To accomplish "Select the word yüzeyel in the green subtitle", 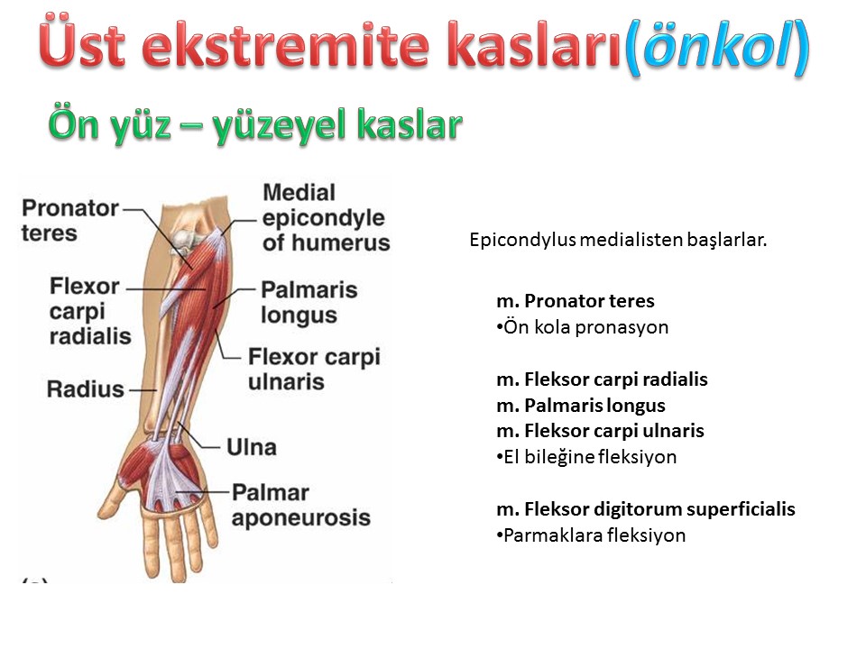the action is pyautogui.click(x=281, y=126).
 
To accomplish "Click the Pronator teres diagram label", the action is pyautogui.click(x=69, y=220).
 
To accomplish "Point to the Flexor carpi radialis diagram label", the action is pyautogui.click(x=90, y=311).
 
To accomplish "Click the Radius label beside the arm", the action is pyautogui.click(x=85, y=389).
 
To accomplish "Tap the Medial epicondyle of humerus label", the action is pyautogui.click(x=326, y=217).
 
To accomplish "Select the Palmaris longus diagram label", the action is pyautogui.click(x=309, y=303).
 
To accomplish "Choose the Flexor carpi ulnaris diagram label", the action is pyautogui.click(x=314, y=369).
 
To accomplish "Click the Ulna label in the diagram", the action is pyautogui.click(x=252, y=447).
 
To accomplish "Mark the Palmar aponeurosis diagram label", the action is pyautogui.click(x=301, y=505).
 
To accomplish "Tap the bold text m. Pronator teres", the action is pyautogui.click(x=576, y=301).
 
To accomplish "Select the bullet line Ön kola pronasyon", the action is pyautogui.click(x=583, y=327).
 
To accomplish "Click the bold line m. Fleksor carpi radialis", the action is pyautogui.click(x=602, y=379).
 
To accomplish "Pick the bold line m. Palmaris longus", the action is pyautogui.click(x=581, y=406).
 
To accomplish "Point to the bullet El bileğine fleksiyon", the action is pyautogui.click(x=586, y=457).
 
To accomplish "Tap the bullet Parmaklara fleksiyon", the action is pyautogui.click(x=591, y=535).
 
